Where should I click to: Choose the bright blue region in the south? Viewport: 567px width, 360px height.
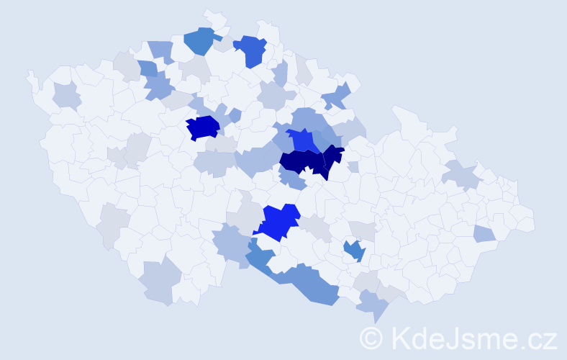pyautogui.click(x=279, y=221)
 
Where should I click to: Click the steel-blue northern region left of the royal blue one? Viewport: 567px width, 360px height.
pyautogui.click(x=200, y=40)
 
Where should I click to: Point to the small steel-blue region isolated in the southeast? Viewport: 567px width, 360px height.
pyautogui.click(x=354, y=250)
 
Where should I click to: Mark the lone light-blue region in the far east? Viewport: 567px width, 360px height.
pyautogui.click(x=484, y=233)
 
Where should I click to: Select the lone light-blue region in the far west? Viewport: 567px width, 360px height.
pyautogui.click(x=66, y=94)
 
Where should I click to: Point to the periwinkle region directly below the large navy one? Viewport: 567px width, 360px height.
pyautogui.click(x=292, y=180)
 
